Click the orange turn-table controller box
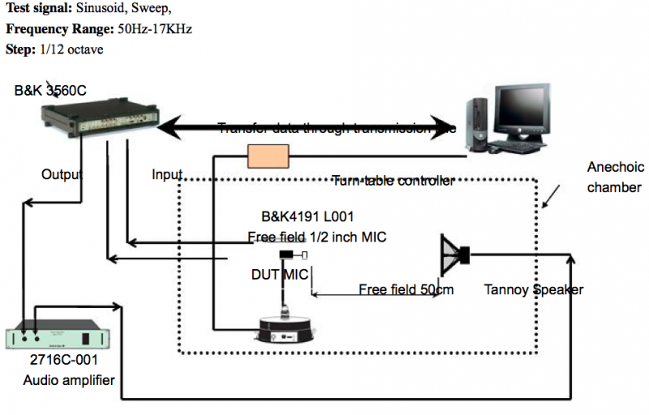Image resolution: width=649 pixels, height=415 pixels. [269, 156]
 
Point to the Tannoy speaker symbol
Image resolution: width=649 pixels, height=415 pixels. [454, 256]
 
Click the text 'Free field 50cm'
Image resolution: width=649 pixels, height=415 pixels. [406, 289]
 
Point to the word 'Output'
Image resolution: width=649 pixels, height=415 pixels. [62, 174]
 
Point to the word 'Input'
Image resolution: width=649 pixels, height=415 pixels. [167, 174]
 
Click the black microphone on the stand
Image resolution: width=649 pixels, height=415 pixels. [286, 255]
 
